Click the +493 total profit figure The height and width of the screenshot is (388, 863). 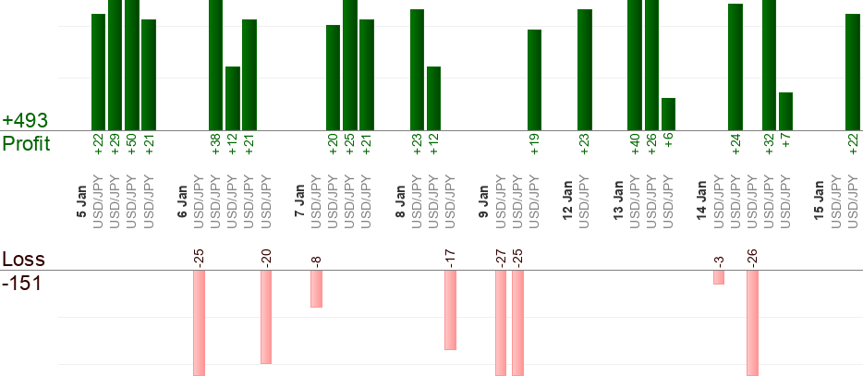pyautogui.click(x=25, y=121)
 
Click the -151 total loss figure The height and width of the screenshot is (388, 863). pyautogui.click(x=21, y=283)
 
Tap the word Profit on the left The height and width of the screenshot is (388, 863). pyautogui.click(x=26, y=144)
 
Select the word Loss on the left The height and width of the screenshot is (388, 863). pyautogui.click(x=24, y=260)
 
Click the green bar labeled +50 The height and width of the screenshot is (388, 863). pyautogui.click(x=132, y=65)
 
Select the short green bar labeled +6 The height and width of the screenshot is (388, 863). pyautogui.click(x=668, y=114)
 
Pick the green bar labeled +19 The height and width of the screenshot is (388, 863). pyautogui.click(x=534, y=79)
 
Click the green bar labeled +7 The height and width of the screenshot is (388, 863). pyautogui.click(x=785, y=111)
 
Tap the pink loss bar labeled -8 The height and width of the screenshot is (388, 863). pyautogui.click(x=316, y=288)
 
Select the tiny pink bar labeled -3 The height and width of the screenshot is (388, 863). pyautogui.click(x=718, y=277)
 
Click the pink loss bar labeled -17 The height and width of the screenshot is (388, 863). pyautogui.click(x=450, y=309)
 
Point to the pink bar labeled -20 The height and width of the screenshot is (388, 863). pyautogui.click(x=266, y=317)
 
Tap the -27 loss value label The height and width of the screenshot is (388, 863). pyautogui.click(x=500, y=256)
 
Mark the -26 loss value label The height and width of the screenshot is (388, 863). pyautogui.click(x=752, y=256)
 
